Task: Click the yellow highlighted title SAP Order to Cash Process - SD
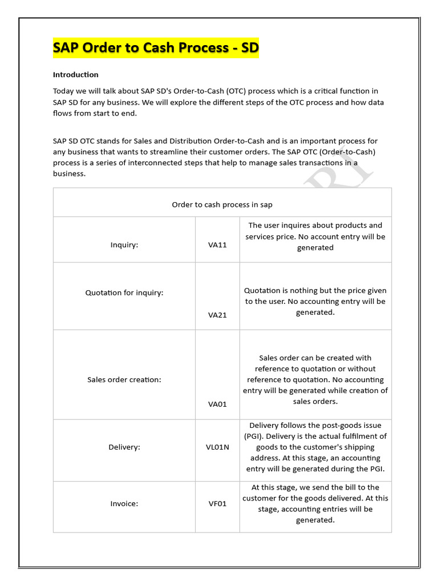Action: (x=156, y=48)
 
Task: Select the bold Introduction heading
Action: (x=76, y=75)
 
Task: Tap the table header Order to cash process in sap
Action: (x=222, y=205)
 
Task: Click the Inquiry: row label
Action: (x=124, y=245)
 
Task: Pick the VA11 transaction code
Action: (x=217, y=245)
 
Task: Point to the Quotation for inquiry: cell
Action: (x=124, y=292)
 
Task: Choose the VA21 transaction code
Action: (x=217, y=315)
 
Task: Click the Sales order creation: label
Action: (x=124, y=379)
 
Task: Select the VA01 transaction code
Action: (x=217, y=404)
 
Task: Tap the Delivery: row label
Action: (x=124, y=447)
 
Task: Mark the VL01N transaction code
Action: (x=217, y=447)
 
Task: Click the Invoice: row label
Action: (x=124, y=504)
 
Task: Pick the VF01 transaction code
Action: (x=217, y=504)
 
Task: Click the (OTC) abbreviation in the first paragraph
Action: (x=236, y=91)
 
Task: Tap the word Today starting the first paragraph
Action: (x=63, y=91)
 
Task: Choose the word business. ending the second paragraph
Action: (x=69, y=174)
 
